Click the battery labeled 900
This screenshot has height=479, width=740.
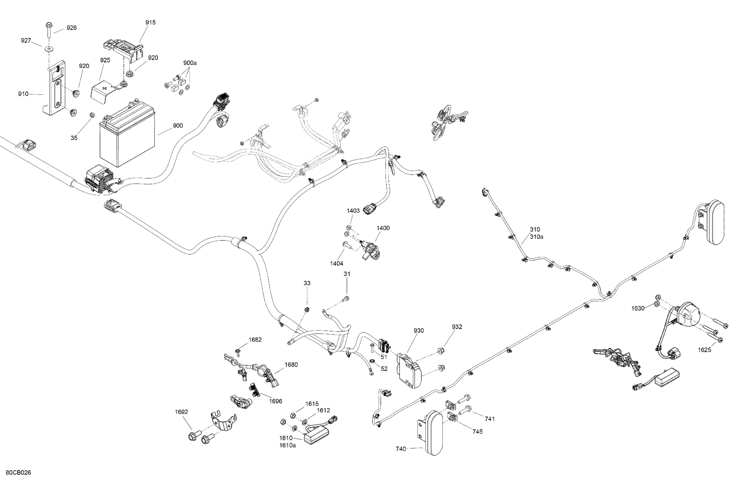(127, 137)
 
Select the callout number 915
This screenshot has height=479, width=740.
(150, 22)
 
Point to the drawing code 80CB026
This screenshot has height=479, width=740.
(18, 473)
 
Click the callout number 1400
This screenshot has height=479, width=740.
(383, 228)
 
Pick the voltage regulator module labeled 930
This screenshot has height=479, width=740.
(408, 370)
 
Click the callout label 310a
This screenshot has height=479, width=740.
(537, 237)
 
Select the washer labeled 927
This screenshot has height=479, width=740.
(49, 49)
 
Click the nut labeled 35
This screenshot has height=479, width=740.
(92, 115)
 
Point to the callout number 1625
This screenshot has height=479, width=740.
(704, 350)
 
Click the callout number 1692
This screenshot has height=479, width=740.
(181, 412)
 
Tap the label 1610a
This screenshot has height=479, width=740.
(287, 445)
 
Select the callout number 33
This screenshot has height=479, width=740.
(307, 283)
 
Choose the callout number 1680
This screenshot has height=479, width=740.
(291, 365)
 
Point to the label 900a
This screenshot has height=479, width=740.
(190, 63)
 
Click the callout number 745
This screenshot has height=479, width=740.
(477, 431)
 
